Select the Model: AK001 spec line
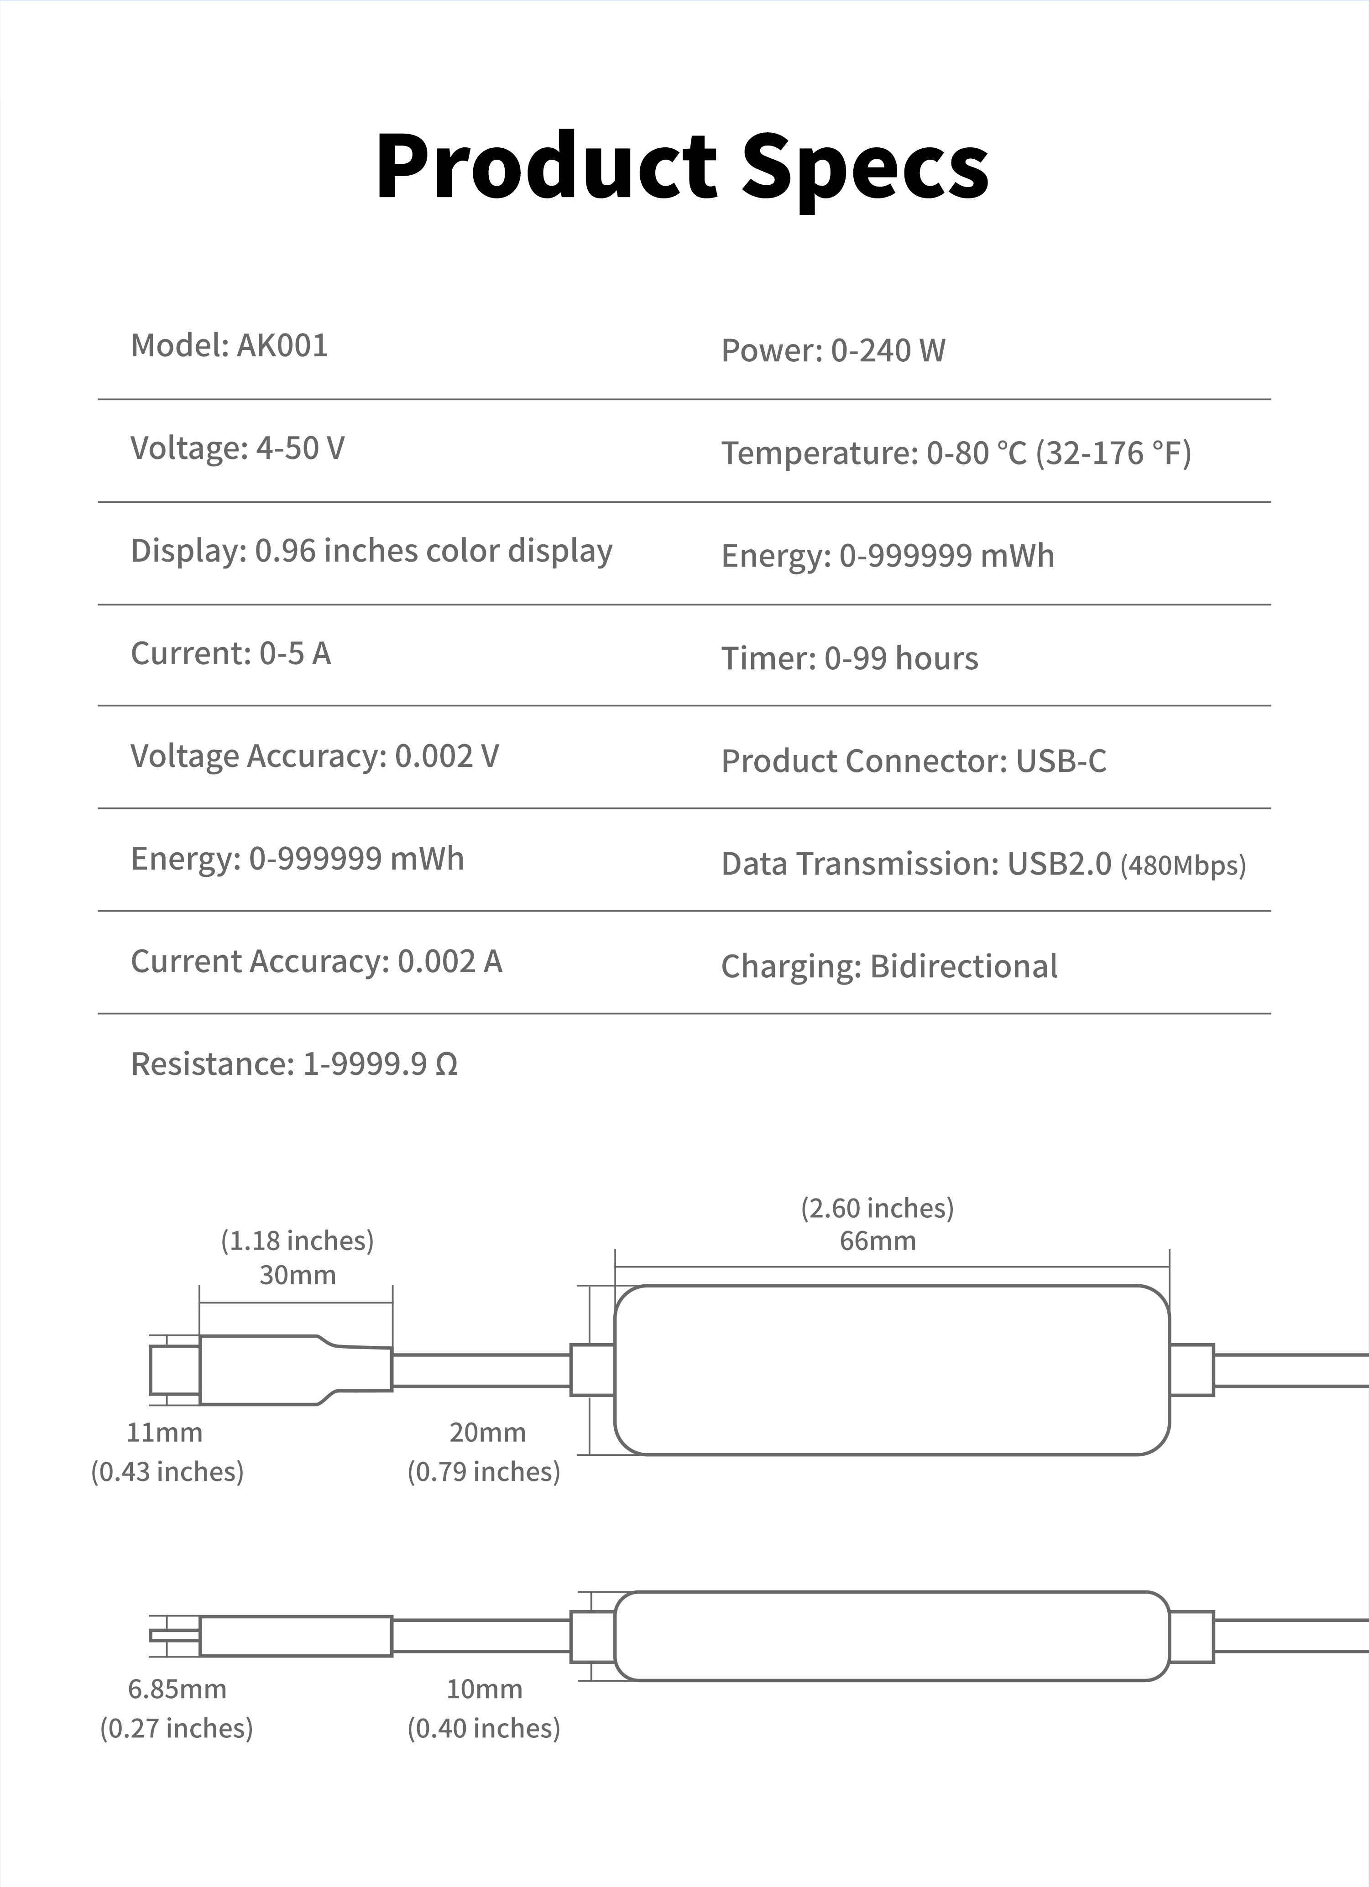(230, 345)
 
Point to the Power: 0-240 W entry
(833, 350)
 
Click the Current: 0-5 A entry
(230, 654)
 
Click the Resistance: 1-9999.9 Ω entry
(294, 1064)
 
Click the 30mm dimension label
(297, 1275)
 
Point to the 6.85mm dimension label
(177, 1689)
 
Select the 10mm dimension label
(484, 1689)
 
